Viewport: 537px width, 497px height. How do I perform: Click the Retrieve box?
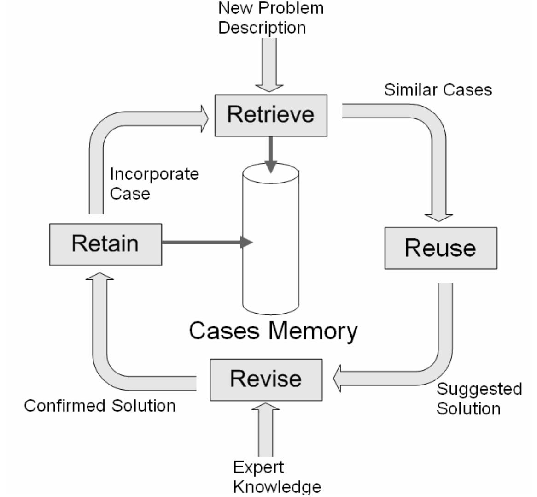pyautogui.click(x=271, y=115)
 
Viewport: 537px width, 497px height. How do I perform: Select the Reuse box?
pyautogui.click(x=440, y=248)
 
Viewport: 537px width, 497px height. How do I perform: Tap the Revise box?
pyautogui.click(x=266, y=379)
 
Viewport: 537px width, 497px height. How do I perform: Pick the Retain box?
pyautogui.click(x=105, y=244)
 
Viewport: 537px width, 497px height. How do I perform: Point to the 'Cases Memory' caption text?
pyautogui.click(x=273, y=331)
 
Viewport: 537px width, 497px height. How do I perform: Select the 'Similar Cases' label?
pyautogui.click(x=438, y=89)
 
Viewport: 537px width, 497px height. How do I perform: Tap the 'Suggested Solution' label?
pyautogui.click(x=479, y=399)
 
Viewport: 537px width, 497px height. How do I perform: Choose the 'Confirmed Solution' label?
pyautogui.click(x=100, y=406)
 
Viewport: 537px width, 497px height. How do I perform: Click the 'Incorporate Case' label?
pyautogui.click(x=154, y=183)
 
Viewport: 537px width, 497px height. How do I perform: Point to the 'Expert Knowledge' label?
pyautogui.click(x=276, y=477)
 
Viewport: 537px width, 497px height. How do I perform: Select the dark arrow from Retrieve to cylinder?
pyautogui.click(x=271, y=154)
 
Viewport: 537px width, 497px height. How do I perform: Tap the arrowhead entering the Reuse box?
pyautogui.click(x=438, y=216)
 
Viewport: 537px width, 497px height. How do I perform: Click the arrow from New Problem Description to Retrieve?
pyautogui.click(x=269, y=65)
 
